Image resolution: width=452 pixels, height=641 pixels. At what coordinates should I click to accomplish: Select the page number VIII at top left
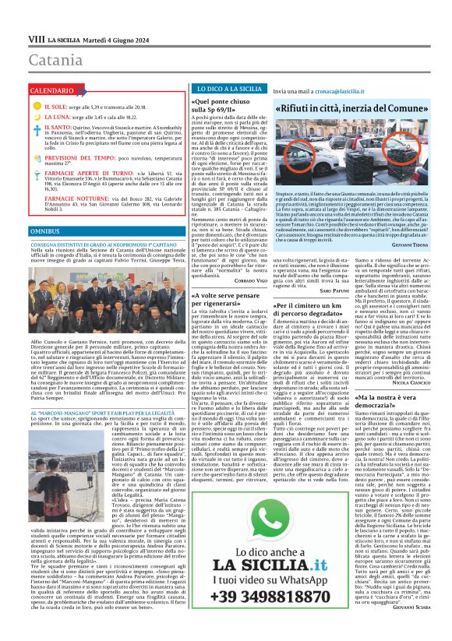click(x=36, y=38)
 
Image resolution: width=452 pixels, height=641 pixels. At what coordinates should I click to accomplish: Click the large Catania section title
click(x=55, y=60)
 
